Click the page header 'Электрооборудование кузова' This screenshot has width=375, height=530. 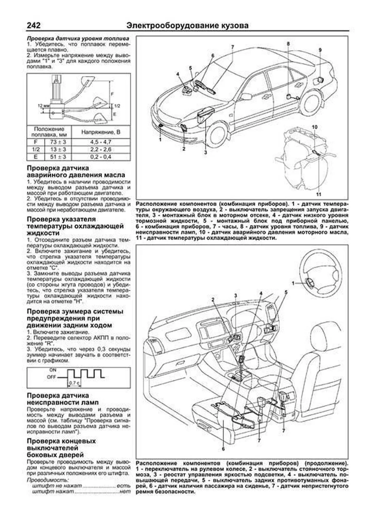coord(187,25)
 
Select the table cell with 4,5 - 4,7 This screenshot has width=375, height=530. coord(101,142)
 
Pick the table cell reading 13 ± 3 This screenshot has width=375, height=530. coord(58,150)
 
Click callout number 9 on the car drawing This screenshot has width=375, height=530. coord(320,50)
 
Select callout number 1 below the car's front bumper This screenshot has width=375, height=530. coord(160,140)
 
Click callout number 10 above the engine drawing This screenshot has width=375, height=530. coord(315,127)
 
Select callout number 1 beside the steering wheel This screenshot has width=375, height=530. coord(293,283)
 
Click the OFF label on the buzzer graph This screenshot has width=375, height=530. coord(51,377)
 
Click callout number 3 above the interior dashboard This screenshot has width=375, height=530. coord(236,295)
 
